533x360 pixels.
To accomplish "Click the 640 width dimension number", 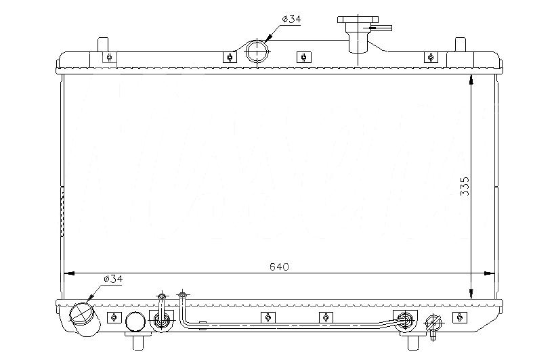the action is pyautogui.click(x=279, y=267).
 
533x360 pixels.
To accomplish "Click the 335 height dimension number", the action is pyautogui.click(x=465, y=186).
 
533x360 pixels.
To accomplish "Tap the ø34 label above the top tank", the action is pyautogui.click(x=291, y=19).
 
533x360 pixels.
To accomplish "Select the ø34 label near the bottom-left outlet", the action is pyautogui.click(x=113, y=279).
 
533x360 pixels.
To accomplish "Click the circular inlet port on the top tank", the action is pyautogui.click(x=257, y=51).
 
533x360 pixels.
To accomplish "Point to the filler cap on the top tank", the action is pyautogui.click(x=358, y=20).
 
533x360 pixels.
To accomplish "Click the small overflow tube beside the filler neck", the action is pyautogui.click(x=381, y=28).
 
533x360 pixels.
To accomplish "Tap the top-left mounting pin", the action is pyautogui.click(x=103, y=45).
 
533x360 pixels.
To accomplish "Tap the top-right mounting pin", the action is pyautogui.click(x=461, y=45).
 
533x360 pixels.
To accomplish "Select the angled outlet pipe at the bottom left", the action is pyautogui.click(x=85, y=319).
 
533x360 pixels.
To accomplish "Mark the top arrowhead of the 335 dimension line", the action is pyautogui.click(x=471, y=80).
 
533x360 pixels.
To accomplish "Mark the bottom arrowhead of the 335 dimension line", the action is pyautogui.click(x=471, y=294).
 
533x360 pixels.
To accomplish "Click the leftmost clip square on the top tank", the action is pyautogui.click(x=110, y=57).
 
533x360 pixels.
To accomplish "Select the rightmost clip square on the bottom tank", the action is pyautogui.click(x=460, y=317).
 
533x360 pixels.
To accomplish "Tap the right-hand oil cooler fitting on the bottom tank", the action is pyautogui.click(x=405, y=319).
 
